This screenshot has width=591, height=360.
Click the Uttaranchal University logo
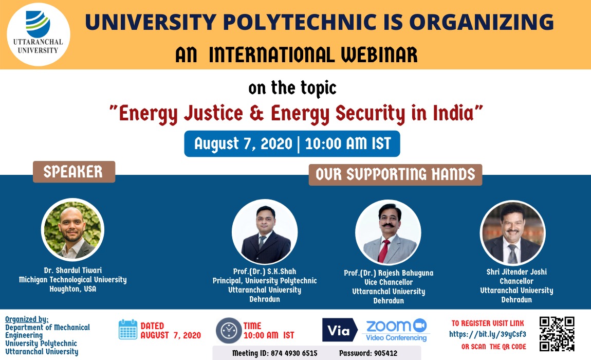[39, 34]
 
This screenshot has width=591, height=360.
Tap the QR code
[557, 334]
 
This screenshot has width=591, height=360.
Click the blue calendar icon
[128, 330]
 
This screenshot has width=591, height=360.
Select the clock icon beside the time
[228, 331]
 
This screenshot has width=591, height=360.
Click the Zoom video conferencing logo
[396, 330]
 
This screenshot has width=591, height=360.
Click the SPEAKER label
[74, 172]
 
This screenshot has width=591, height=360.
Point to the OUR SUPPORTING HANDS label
[395, 174]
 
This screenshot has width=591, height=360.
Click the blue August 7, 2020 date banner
[292, 144]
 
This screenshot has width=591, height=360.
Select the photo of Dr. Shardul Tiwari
[72, 230]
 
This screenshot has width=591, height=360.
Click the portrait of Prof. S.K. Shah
[265, 232]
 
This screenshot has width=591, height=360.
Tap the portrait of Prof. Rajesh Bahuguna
[388, 232]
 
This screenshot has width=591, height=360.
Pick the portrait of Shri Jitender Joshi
[512, 232]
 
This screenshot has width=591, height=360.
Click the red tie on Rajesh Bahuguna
[384, 250]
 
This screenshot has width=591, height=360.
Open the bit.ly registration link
[487, 334]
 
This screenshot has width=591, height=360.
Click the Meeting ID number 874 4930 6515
[294, 353]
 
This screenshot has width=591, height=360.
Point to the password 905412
[385, 353]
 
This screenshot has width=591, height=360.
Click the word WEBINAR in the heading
[379, 55]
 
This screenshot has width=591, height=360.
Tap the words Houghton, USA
[73, 289]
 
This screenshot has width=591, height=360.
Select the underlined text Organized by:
[27, 319]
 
